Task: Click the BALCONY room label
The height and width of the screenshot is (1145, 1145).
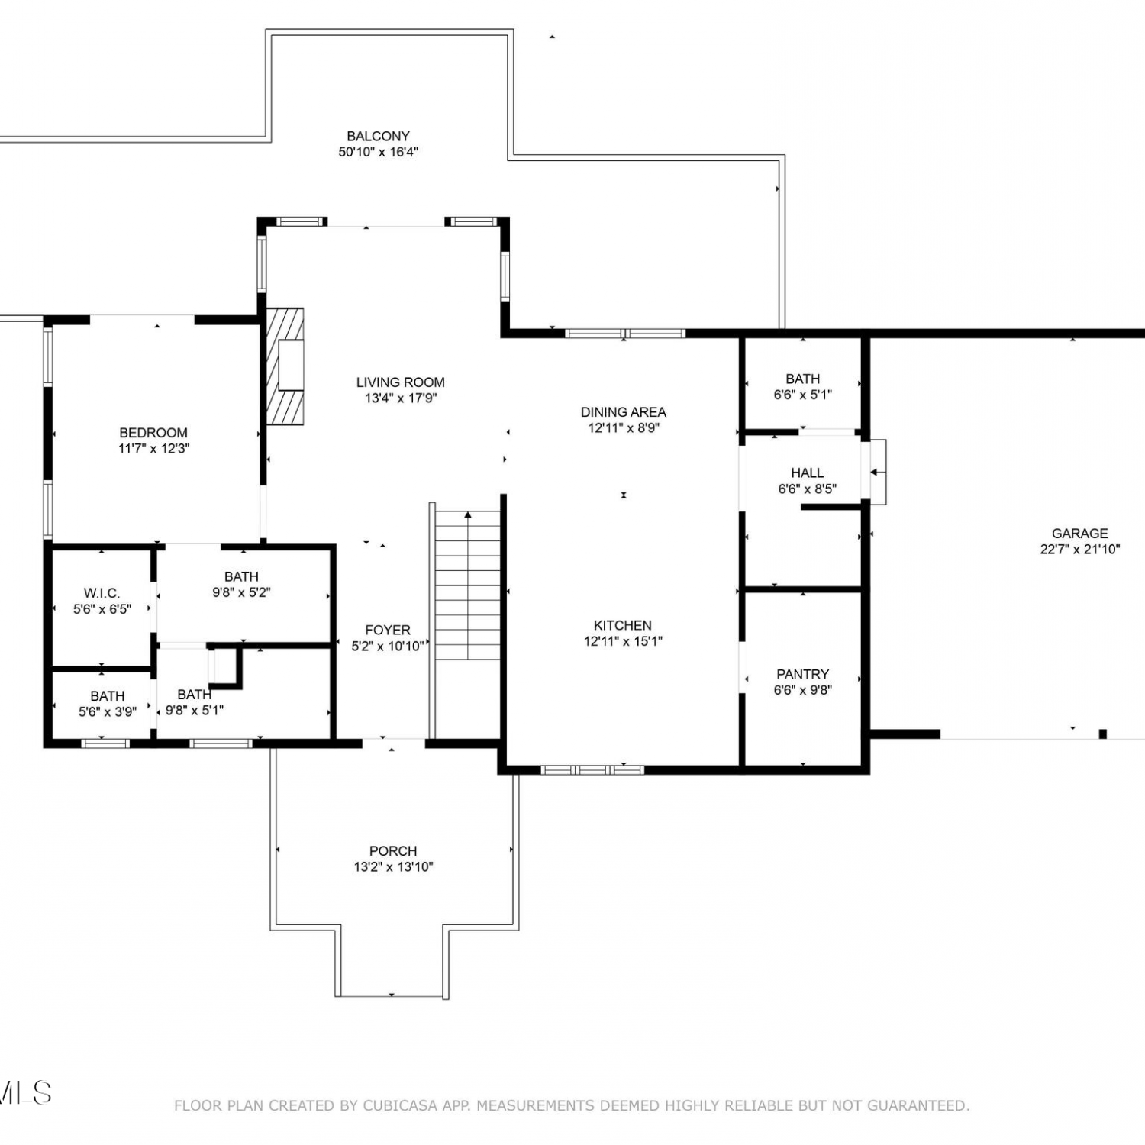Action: tap(378, 136)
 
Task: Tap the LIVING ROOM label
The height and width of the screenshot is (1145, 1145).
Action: tap(400, 382)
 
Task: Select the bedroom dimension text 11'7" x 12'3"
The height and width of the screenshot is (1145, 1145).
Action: tap(153, 449)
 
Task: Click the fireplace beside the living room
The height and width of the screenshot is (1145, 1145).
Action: tap(285, 366)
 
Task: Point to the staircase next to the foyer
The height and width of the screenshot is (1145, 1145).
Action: tap(467, 585)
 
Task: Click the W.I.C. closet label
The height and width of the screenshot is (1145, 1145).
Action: tap(102, 593)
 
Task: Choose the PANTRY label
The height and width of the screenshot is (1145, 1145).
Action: tap(802, 674)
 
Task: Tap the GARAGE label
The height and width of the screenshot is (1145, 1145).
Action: tap(1079, 534)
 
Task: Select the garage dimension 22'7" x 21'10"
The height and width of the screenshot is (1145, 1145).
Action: tap(1079, 550)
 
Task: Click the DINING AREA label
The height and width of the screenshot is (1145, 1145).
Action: tap(623, 412)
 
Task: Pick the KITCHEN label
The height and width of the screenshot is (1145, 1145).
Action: tap(623, 625)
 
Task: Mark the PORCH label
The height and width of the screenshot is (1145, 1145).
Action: tap(393, 850)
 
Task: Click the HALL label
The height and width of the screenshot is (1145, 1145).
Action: tap(807, 473)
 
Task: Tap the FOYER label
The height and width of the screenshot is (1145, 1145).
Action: tap(387, 630)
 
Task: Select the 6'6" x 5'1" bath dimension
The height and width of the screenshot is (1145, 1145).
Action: tap(802, 395)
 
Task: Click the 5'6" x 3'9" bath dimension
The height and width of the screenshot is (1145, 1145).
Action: tap(108, 712)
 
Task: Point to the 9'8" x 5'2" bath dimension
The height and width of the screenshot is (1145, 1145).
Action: tap(241, 592)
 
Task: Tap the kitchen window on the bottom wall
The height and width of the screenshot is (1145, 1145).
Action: tap(592, 769)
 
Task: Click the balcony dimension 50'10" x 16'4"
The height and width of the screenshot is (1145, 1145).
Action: tap(378, 152)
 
